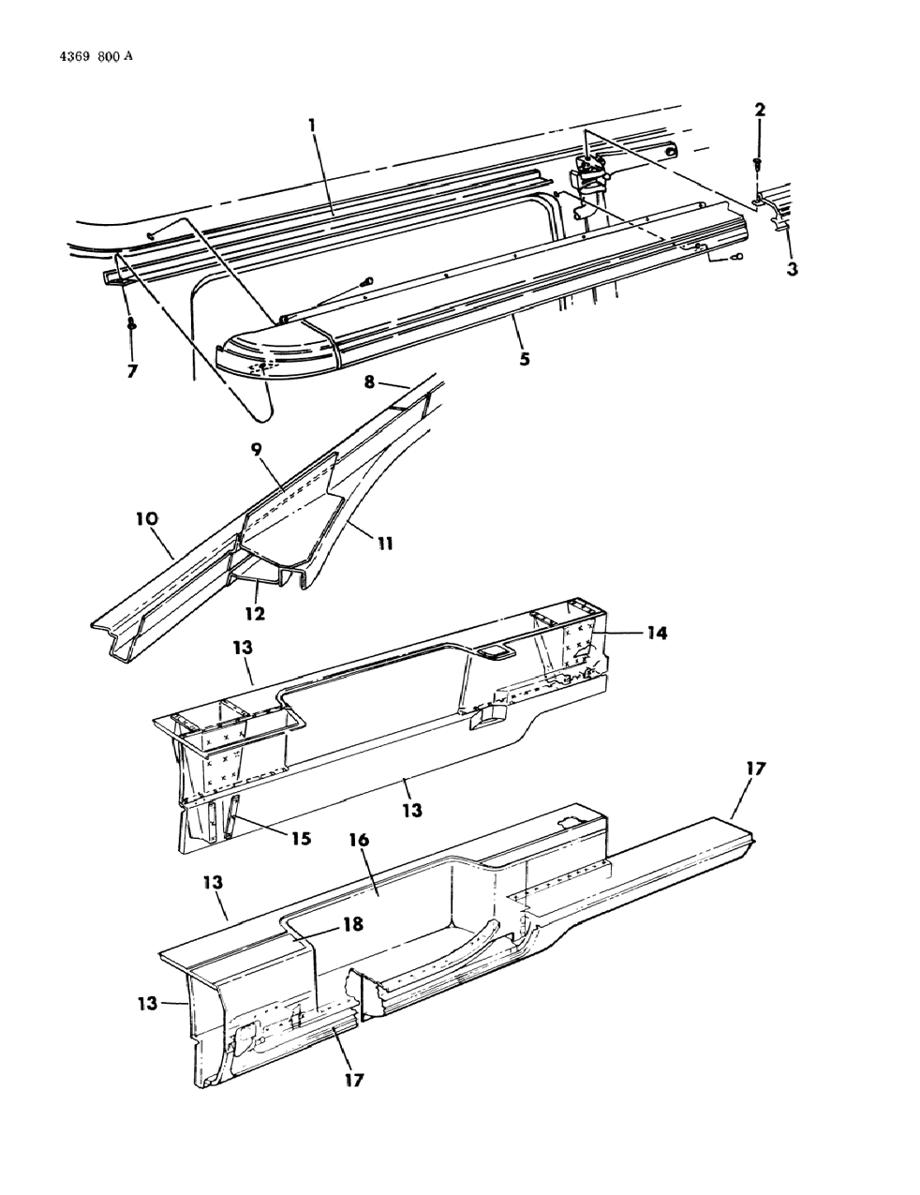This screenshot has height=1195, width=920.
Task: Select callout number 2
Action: [760, 111]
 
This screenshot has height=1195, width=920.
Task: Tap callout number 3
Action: [793, 270]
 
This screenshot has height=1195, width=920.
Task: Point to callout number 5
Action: [525, 358]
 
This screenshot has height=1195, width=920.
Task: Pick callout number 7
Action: [132, 370]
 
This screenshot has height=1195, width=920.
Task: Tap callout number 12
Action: [255, 614]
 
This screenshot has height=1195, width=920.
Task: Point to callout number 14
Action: [656, 633]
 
